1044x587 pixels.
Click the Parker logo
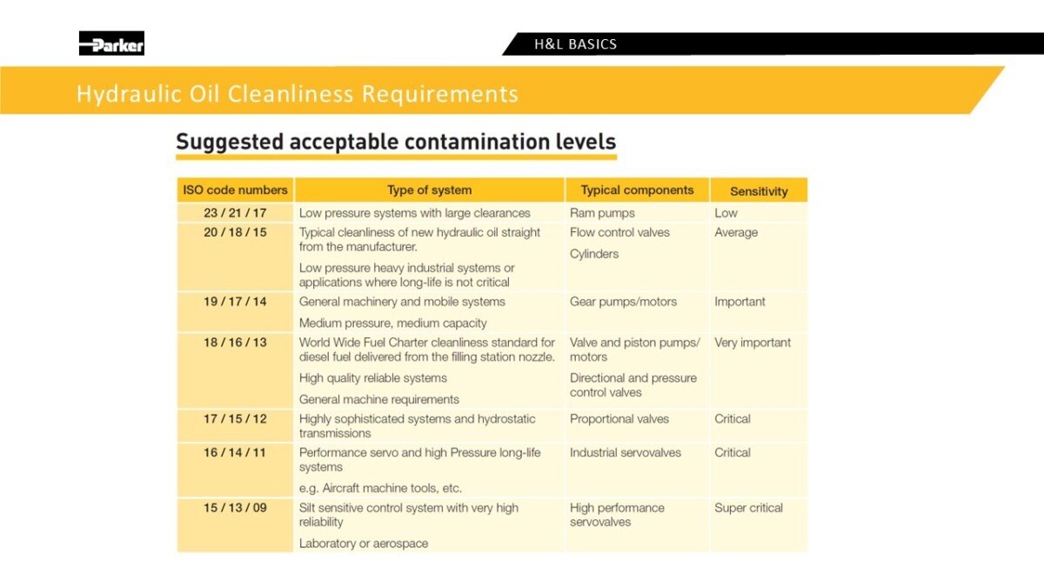pos(111,43)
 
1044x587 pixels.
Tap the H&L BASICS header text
pos(576,44)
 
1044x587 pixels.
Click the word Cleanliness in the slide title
pos(291,94)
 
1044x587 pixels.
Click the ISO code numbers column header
pos(235,190)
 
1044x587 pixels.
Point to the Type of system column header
pos(429,190)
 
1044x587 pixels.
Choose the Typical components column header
pos(637,190)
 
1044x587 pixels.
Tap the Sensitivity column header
pos(759,191)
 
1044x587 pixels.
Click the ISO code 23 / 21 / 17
pos(235,213)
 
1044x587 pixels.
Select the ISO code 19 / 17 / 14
pos(235,302)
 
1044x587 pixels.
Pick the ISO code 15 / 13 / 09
pos(235,507)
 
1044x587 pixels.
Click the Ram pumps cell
pos(602,213)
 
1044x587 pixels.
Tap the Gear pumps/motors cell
pos(623,302)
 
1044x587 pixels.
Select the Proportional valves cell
pos(619,419)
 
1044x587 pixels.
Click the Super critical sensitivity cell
pos(748,508)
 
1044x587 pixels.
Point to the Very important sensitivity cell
pos(753,343)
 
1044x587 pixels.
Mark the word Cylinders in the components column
pos(594,254)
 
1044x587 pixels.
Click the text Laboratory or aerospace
pos(364,544)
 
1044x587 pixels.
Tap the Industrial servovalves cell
pos(625,452)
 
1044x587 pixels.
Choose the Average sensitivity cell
pos(736,232)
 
